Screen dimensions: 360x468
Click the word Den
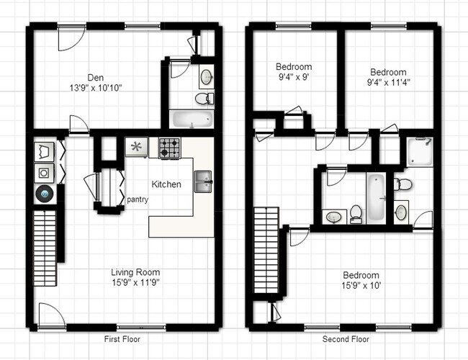[x=95, y=77]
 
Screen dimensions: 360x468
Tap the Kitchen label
[x=166, y=184]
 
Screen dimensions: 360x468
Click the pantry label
[x=138, y=199]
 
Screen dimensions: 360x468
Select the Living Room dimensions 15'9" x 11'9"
[x=135, y=283]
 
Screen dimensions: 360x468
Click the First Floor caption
[x=122, y=339]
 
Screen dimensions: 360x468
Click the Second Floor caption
[x=346, y=339]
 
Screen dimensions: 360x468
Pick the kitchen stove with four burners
[x=169, y=148]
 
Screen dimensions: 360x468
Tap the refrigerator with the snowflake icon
[x=136, y=148]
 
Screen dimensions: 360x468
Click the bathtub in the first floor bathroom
[x=191, y=120]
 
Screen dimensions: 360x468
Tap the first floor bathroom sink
[x=205, y=76]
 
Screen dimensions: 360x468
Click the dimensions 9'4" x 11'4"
[x=388, y=83]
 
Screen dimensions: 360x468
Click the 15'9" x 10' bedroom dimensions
[x=361, y=286]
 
